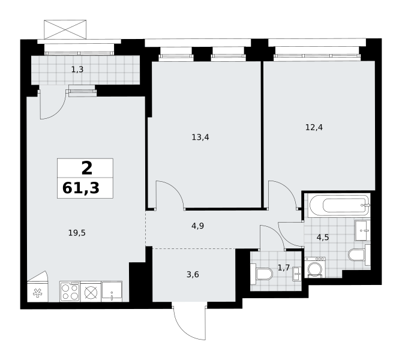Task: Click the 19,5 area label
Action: click(77, 233)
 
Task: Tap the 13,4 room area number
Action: click(200, 137)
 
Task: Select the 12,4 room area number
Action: click(314, 127)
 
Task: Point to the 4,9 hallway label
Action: click(197, 226)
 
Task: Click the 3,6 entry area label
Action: click(193, 275)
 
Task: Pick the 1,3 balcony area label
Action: click(77, 69)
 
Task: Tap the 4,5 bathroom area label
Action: click(323, 238)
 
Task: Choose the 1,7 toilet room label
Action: click(284, 268)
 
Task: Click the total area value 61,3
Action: click(81, 188)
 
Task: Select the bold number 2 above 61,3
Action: click(86, 168)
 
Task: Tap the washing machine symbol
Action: click(315, 268)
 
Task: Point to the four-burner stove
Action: click(70, 292)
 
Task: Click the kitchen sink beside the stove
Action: click(112, 292)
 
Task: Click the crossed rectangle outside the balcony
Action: click(65, 29)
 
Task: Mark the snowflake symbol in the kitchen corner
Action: click(37, 293)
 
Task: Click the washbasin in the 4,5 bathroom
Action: click(362, 230)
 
